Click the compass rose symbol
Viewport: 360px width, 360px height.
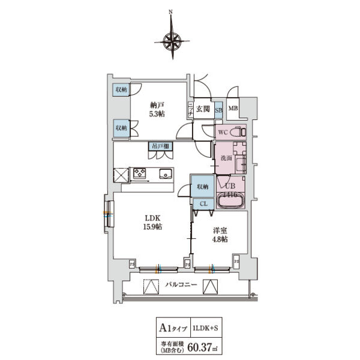[172, 41]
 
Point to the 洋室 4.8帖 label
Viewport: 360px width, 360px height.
[218, 235]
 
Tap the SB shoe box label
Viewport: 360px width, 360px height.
[218, 110]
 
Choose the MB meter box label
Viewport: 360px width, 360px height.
[233, 109]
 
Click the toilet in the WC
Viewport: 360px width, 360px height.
[238, 131]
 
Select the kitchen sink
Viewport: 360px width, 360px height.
[166, 174]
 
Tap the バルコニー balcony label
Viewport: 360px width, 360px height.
[178, 286]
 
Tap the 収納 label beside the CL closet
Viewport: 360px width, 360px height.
[202, 187]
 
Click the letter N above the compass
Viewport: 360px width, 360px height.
[172, 11]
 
